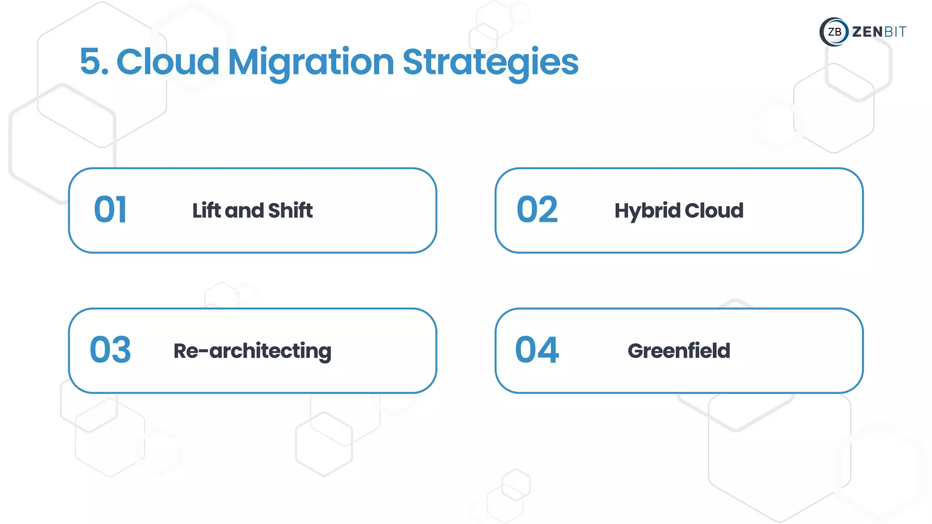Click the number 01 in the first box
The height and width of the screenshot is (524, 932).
point(110,210)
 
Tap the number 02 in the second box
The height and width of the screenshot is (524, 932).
point(537,210)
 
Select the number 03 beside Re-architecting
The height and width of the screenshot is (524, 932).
point(110,350)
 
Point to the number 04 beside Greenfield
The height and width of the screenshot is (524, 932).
point(537,350)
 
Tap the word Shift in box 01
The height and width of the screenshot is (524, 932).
point(290,210)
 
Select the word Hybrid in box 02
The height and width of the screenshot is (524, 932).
point(647,211)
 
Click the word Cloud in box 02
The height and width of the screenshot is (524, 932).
point(714,210)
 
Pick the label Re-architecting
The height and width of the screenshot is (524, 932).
point(252,351)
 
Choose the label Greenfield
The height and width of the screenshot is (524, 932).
point(679,351)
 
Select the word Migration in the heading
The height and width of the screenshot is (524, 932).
point(311,63)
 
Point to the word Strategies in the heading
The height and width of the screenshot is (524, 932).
point(490,63)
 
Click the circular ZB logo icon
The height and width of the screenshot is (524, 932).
point(834,32)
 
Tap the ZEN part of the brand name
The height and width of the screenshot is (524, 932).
point(867,32)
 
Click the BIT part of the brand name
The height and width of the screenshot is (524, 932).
point(895,32)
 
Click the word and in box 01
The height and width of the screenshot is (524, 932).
point(244,211)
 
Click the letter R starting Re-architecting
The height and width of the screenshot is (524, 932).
point(181,351)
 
